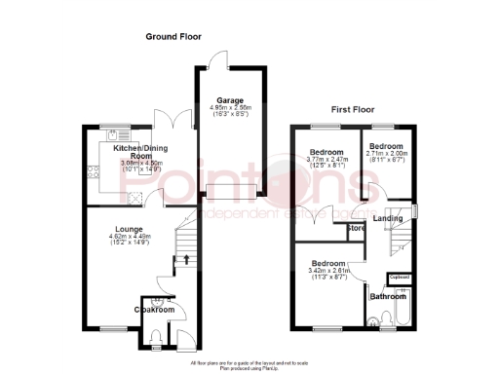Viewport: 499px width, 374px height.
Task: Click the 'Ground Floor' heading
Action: point(173,36)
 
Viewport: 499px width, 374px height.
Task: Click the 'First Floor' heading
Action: point(354,109)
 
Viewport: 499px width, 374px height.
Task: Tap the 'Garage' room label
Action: point(229,99)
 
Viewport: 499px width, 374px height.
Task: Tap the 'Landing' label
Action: point(388,218)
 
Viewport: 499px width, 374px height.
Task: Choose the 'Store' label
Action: point(357,230)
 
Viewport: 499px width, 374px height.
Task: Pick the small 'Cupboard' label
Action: point(399,278)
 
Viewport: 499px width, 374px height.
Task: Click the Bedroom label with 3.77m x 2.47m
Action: point(326,153)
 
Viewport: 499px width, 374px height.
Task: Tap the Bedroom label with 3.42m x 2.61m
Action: point(326,264)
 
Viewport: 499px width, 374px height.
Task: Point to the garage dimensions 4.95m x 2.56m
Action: point(229,108)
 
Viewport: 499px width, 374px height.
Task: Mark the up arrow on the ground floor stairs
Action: point(185,259)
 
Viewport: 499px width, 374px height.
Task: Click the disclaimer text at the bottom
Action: point(249,364)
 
